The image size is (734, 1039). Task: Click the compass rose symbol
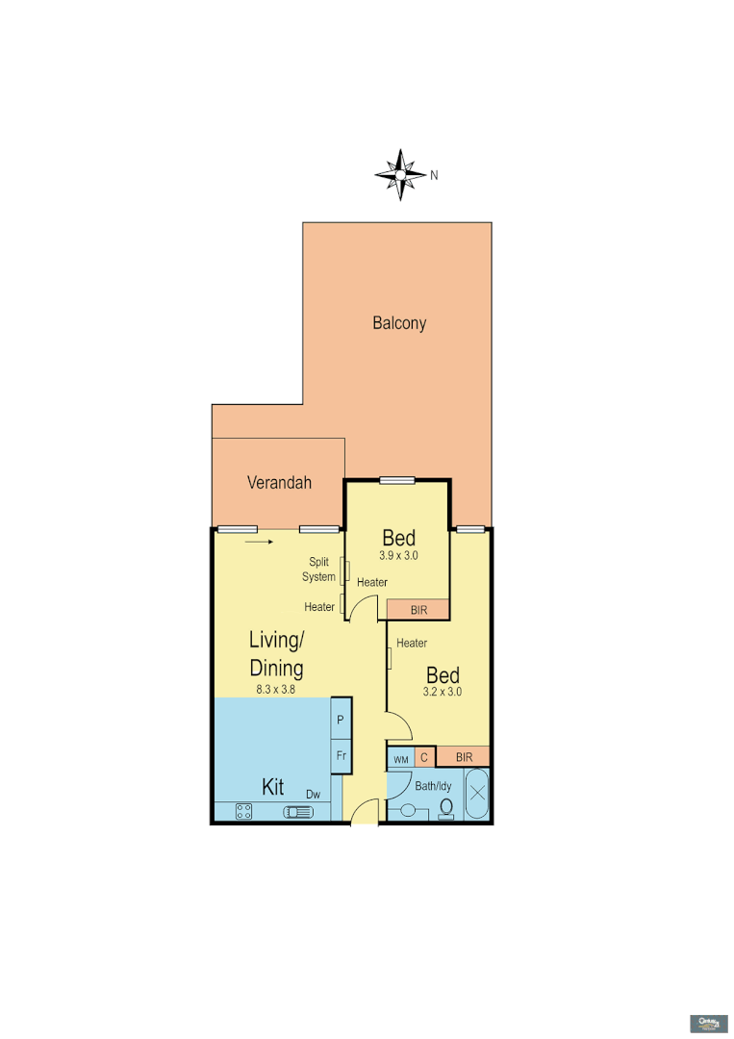(x=401, y=175)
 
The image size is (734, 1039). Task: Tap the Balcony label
(x=399, y=323)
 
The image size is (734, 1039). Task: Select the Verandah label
(x=279, y=483)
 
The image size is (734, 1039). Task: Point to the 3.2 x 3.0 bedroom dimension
(x=443, y=691)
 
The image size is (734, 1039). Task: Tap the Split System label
(x=319, y=570)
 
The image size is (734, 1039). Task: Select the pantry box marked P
(x=341, y=719)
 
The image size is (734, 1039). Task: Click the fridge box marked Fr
(x=341, y=755)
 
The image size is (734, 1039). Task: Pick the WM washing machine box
(x=401, y=759)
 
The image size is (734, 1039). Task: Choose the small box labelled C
(x=424, y=758)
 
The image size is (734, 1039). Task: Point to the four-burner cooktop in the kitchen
(x=244, y=812)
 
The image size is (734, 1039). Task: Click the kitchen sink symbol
(x=298, y=813)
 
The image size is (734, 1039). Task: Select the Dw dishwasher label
(x=313, y=794)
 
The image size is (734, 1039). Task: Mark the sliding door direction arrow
(x=259, y=542)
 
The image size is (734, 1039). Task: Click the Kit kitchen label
(x=273, y=787)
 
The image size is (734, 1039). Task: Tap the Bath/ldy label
(x=433, y=786)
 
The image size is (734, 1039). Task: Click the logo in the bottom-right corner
(x=709, y=1022)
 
